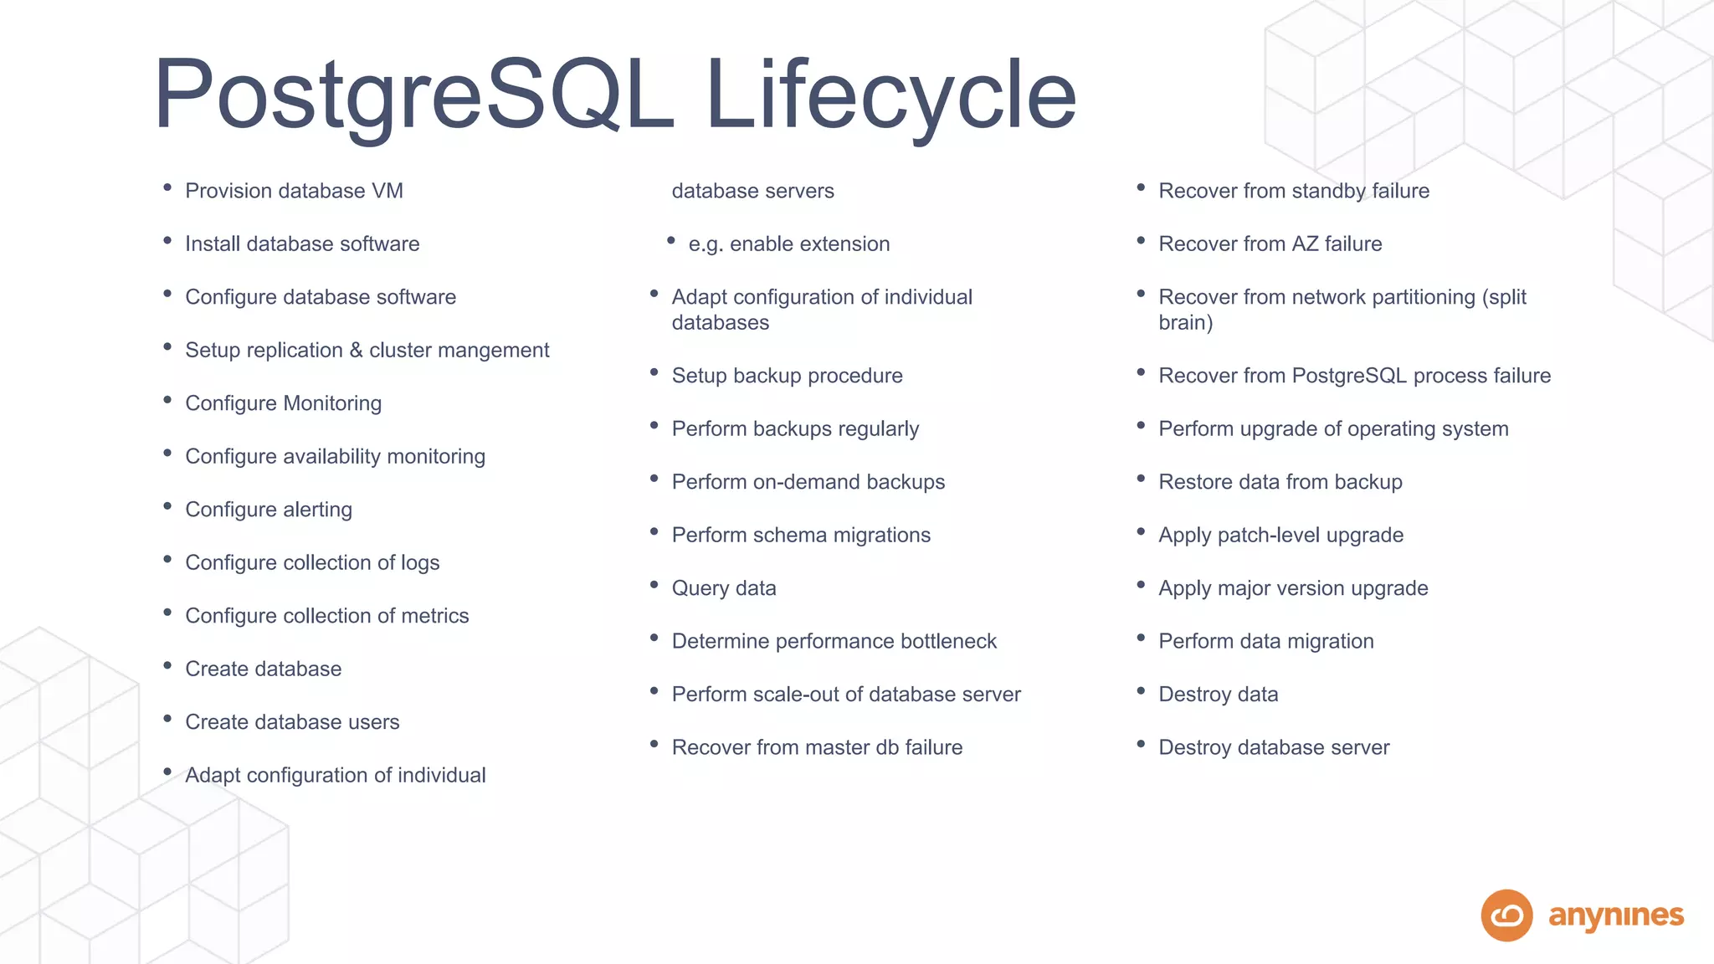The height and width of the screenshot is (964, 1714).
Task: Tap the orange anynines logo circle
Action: tap(1506, 915)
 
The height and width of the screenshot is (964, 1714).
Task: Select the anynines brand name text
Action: tap(1615, 916)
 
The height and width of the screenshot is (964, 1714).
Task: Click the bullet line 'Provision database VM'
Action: tap(294, 191)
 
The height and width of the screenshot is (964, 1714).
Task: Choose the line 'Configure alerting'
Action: tap(269, 510)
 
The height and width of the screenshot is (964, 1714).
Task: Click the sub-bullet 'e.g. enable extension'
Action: tap(788, 244)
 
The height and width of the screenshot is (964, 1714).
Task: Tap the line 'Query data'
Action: tap(724, 588)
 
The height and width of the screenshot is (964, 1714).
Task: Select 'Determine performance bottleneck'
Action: tap(834, 641)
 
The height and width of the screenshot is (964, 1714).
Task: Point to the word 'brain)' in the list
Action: tap(1185, 323)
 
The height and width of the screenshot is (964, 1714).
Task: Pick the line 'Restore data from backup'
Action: tap(1280, 482)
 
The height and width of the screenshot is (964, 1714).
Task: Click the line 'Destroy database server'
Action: tap(1273, 747)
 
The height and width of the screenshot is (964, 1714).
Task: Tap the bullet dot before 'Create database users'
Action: tap(167, 719)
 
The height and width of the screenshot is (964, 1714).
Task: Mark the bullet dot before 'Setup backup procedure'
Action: tap(654, 372)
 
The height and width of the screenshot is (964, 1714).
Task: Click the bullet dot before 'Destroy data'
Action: tap(1141, 691)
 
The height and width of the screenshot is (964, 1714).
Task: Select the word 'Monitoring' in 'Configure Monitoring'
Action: tap(332, 403)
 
